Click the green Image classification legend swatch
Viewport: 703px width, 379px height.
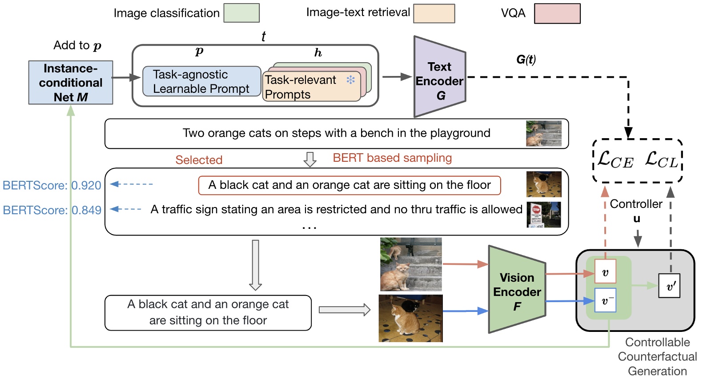[241, 13]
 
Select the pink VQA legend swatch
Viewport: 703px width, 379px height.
[557, 13]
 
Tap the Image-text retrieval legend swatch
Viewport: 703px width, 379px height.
[434, 13]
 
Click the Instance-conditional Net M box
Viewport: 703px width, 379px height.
[71, 83]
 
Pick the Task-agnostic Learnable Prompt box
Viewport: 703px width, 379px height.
[201, 81]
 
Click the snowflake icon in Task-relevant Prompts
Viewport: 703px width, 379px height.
[350, 80]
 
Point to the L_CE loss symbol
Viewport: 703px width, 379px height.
[615, 160]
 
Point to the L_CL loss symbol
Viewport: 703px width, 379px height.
[661, 160]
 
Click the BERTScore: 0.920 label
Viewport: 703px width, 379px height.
[52, 185]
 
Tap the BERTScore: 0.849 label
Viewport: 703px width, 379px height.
[52, 210]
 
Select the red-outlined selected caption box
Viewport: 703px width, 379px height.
[349, 185]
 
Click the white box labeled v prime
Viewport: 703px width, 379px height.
[669, 286]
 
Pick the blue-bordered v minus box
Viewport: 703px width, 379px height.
[605, 300]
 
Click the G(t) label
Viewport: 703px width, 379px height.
[526, 60]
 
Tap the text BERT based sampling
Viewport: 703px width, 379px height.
[392, 158]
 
